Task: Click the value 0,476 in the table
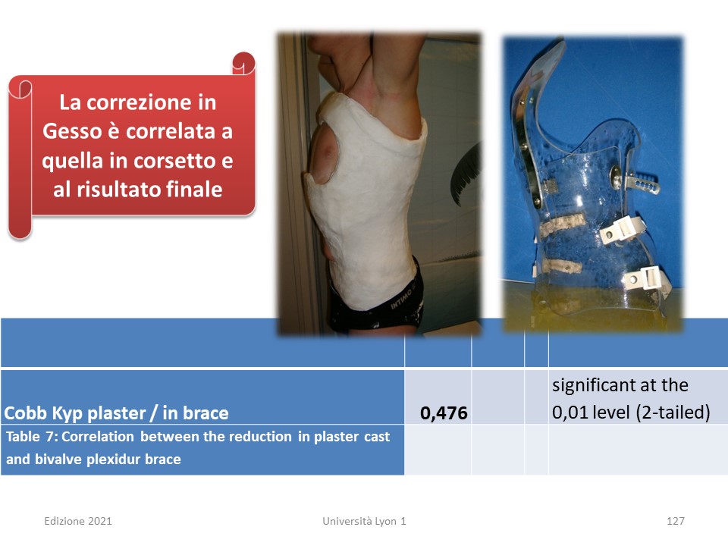point(444,413)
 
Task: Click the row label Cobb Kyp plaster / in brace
point(116,413)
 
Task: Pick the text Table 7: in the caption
point(32,437)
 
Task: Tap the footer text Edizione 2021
point(78,521)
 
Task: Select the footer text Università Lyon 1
point(364,521)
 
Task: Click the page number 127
point(676,521)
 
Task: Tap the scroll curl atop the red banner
point(243,64)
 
